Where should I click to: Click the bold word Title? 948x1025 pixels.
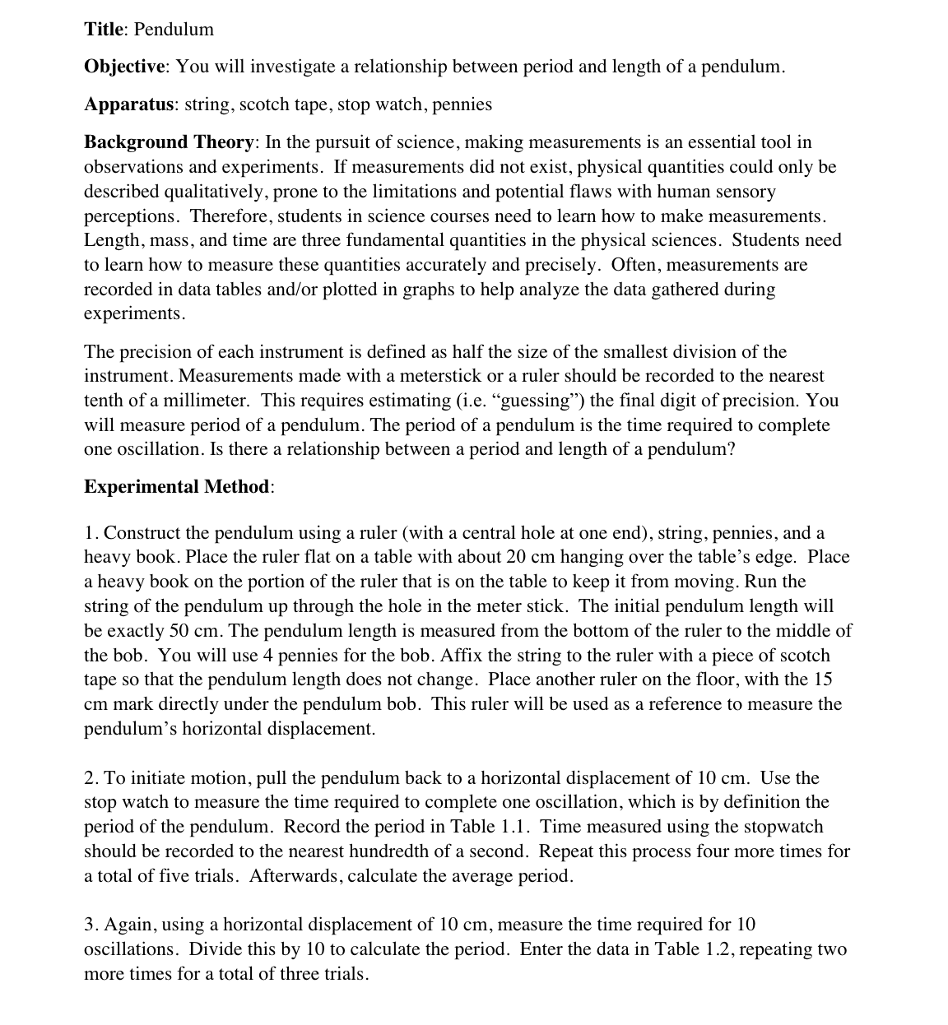pos(103,30)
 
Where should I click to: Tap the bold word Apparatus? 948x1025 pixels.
pos(128,104)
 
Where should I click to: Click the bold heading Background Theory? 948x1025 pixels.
pos(169,142)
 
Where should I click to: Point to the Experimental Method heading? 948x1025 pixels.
pos(176,487)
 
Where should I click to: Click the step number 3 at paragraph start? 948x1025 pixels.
pos(89,925)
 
